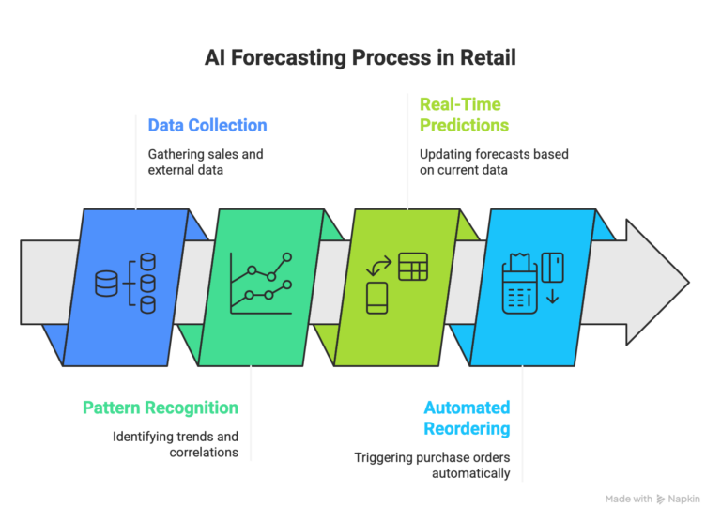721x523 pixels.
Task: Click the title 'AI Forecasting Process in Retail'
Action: [x=360, y=58]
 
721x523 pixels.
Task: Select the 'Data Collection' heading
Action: [x=207, y=125]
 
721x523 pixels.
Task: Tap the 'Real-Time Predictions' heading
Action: [x=464, y=115]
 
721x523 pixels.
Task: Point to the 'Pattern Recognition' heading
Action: [x=161, y=408]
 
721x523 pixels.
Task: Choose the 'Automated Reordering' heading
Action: [x=467, y=418]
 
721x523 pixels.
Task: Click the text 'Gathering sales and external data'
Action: [x=206, y=162]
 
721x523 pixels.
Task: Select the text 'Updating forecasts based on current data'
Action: [x=494, y=162]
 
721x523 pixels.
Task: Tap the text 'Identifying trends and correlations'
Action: [x=176, y=444]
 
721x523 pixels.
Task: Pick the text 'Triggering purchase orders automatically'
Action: [x=432, y=466]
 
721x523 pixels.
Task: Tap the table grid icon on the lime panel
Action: [x=412, y=267]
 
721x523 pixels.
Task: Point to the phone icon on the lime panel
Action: [x=377, y=297]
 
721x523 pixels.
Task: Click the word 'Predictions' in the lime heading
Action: [x=464, y=125]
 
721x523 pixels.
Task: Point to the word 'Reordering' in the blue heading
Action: [x=467, y=428]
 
